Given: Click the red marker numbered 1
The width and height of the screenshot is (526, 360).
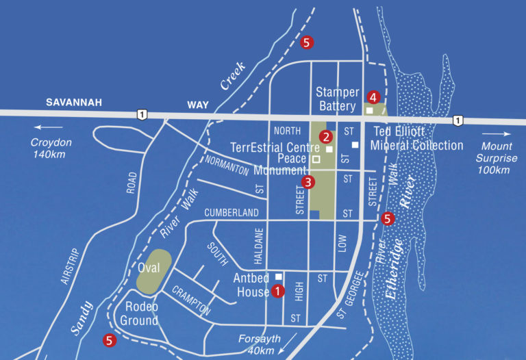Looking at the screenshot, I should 277,291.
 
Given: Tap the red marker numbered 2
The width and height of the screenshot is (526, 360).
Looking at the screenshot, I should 327,137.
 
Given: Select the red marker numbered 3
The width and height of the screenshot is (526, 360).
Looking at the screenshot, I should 308,182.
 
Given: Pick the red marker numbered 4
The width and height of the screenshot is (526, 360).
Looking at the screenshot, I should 373,97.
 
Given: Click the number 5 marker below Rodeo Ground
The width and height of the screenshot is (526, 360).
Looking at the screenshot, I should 108,339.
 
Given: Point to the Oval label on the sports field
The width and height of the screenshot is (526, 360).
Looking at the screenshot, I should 148,268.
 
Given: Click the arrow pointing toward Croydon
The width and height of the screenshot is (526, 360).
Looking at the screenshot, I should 45,127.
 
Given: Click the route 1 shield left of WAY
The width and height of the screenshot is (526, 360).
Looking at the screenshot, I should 141,114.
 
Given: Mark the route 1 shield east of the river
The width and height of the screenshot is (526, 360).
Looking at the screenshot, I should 457,120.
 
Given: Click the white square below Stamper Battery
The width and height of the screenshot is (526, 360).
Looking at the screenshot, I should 369,110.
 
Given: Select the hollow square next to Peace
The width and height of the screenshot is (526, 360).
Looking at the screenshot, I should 316,159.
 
